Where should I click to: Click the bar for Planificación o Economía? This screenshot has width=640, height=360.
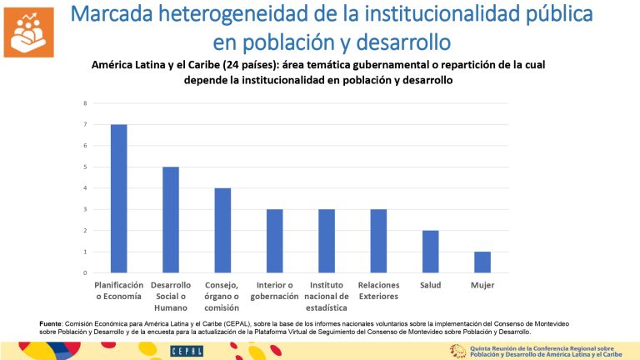[x=118, y=198]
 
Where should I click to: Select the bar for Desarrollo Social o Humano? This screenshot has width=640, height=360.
[x=170, y=220]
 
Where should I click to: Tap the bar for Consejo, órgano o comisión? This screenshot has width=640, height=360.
[x=222, y=230]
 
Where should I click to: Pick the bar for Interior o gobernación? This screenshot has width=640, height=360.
[x=274, y=241]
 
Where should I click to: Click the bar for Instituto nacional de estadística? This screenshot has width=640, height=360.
[x=327, y=241]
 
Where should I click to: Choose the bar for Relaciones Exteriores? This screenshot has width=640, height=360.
[x=378, y=241]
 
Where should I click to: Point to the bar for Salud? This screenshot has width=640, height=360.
[x=430, y=252]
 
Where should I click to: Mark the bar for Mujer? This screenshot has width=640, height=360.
[x=482, y=262]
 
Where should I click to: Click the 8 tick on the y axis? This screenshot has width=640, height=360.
[x=84, y=103]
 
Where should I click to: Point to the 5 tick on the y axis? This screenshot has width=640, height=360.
[x=84, y=167]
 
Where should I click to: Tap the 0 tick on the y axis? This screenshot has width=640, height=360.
[x=84, y=272]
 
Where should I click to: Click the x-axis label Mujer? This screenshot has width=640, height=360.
[x=482, y=286]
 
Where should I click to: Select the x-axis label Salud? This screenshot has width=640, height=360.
[x=430, y=286]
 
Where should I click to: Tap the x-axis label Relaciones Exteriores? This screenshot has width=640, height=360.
[x=378, y=291]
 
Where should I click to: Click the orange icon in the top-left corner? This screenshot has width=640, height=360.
[x=28, y=31]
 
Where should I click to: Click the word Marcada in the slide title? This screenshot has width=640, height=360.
[x=123, y=14]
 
